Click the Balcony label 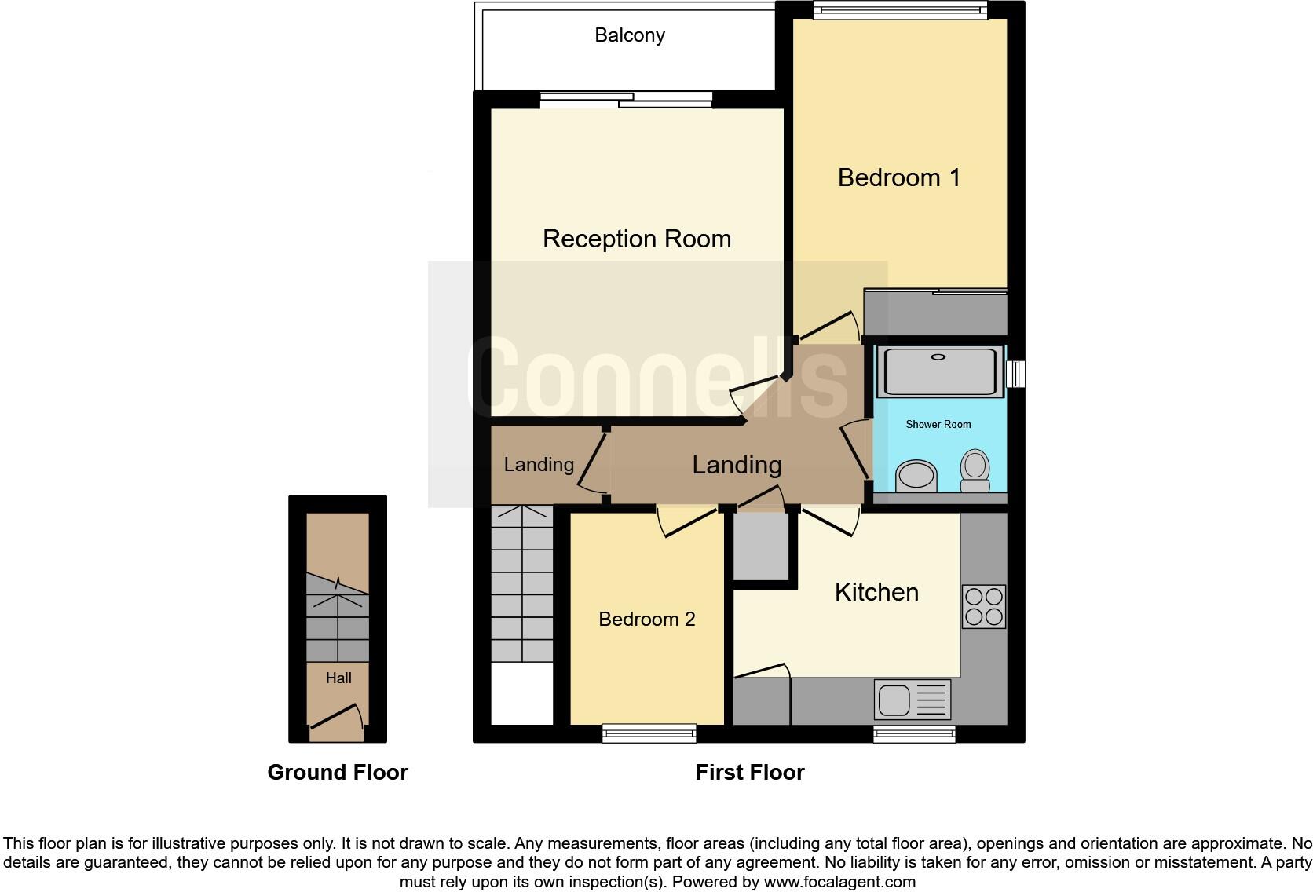[629, 35]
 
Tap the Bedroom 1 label [898, 177]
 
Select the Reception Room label [636, 239]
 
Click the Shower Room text [938, 424]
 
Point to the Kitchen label [876, 592]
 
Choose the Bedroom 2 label [646, 620]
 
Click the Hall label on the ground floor [338, 678]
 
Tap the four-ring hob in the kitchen [983, 606]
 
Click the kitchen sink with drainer [912, 700]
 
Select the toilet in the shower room [975, 470]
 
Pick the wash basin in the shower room [916, 475]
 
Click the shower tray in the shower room [939, 371]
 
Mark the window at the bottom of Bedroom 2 [649, 733]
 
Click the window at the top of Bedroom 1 [900, 9]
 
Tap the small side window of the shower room [1015, 374]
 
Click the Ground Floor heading [338, 773]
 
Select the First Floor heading [749, 773]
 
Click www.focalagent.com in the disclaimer [839, 882]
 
